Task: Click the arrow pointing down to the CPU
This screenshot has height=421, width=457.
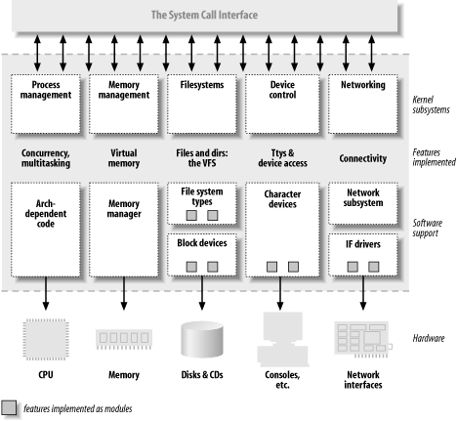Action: [x=45, y=294]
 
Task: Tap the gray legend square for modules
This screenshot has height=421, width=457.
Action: [x=9, y=407]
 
